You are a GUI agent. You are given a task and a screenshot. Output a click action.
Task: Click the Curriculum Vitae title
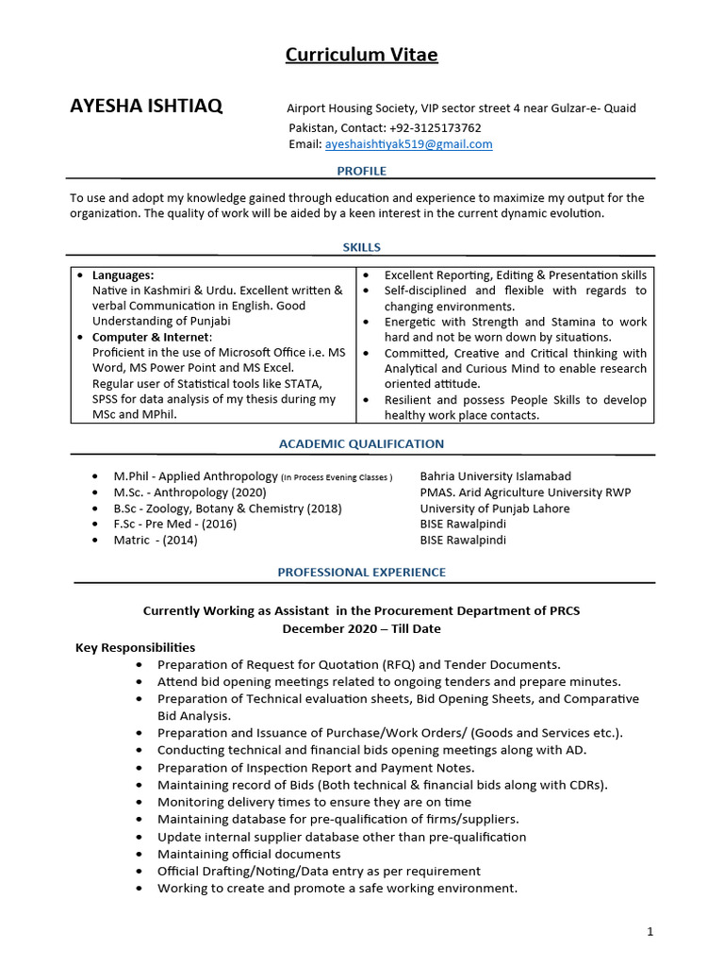[x=362, y=55]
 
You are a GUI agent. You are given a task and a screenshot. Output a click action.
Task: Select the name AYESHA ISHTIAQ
[x=146, y=106]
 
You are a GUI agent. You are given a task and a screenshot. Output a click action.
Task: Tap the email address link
[x=408, y=144]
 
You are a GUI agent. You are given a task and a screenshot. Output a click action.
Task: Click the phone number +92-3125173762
[x=436, y=127]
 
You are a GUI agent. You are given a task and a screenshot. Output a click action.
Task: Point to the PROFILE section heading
[x=362, y=171]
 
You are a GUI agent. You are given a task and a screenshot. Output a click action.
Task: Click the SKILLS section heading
[x=362, y=247]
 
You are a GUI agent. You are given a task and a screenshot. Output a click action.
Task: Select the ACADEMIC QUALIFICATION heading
[x=362, y=443]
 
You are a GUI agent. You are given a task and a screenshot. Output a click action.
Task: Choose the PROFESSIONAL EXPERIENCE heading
[x=362, y=572]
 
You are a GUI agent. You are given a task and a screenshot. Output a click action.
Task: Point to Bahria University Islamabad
[x=495, y=476]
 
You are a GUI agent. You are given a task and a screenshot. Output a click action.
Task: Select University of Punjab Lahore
[x=495, y=508]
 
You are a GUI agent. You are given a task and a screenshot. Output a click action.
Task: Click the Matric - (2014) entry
[x=156, y=541]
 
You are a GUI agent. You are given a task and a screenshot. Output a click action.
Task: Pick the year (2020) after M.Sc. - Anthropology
[x=249, y=492]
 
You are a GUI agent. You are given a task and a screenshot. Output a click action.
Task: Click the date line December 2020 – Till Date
[x=362, y=628]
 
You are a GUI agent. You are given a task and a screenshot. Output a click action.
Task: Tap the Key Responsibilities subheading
[x=135, y=647]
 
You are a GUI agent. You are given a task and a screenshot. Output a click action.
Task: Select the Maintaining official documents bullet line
[x=249, y=854]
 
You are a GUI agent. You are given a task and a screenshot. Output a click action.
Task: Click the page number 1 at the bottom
[x=650, y=932]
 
